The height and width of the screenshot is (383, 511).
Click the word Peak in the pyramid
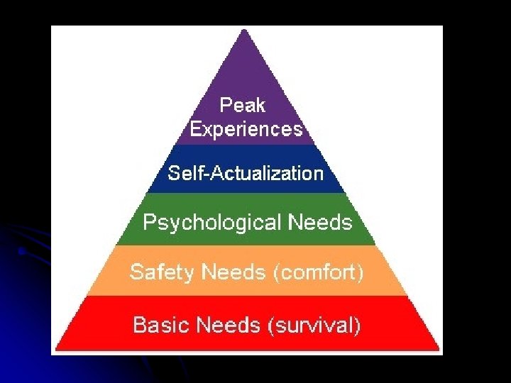243,106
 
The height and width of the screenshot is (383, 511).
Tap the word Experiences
246,130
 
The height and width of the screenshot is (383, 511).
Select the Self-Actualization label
246,172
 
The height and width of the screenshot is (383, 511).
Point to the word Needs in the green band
320,223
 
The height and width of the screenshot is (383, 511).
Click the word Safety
163,272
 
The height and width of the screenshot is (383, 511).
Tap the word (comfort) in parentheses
318,272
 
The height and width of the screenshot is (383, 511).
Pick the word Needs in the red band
228,325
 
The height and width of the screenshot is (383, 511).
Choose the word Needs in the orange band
233,272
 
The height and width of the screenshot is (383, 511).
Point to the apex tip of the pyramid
245,30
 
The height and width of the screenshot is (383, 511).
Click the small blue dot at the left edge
21,250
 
